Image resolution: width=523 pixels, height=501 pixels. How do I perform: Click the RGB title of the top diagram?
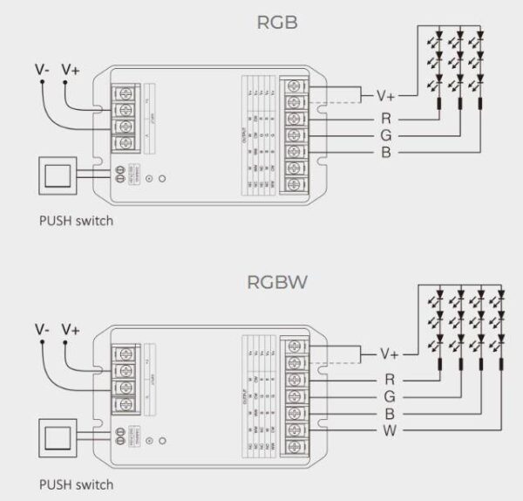[277, 22]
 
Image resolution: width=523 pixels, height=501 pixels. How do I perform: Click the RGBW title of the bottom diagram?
[277, 283]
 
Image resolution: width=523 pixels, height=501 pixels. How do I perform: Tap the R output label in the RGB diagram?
[384, 118]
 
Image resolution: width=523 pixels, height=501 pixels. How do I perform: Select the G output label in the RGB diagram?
[384, 135]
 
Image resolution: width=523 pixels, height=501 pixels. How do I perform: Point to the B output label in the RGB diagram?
[384, 154]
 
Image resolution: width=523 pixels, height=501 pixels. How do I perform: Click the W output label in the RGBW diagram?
[386, 431]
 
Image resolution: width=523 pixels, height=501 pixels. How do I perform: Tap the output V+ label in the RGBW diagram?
[390, 354]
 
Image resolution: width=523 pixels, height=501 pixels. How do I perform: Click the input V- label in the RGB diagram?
[42, 69]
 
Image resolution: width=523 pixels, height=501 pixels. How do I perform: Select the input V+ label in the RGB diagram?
[71, 69]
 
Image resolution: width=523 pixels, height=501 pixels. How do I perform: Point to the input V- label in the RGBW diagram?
[42, 329]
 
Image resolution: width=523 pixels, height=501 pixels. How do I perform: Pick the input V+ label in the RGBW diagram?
[71, 329]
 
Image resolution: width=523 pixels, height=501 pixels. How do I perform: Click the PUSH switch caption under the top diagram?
[76, 221]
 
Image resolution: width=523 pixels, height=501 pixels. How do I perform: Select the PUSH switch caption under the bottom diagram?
[76, 483]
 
